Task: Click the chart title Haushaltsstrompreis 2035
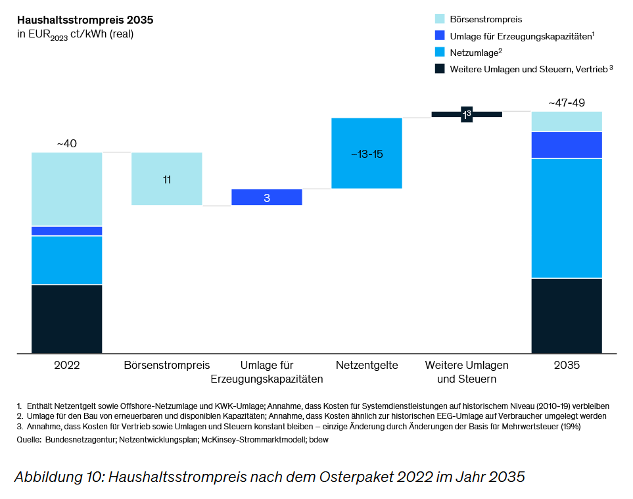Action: coord(85,20)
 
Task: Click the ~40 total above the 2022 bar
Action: coord(66,143)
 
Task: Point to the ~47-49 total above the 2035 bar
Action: coord(566,103)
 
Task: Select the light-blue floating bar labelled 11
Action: coord(167,179)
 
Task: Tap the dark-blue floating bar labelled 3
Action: coord(267,197)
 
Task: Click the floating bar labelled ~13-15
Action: coord(367,153)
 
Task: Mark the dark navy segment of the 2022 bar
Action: coord(67,319)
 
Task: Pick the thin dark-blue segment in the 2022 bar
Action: coord(67,231)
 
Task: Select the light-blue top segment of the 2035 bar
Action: coord(567,122)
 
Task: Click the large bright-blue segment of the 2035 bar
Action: coord(567,218)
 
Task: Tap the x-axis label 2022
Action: coord(67,366)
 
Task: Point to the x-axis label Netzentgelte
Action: coord(367,366)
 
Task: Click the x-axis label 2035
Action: coord(567,366)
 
